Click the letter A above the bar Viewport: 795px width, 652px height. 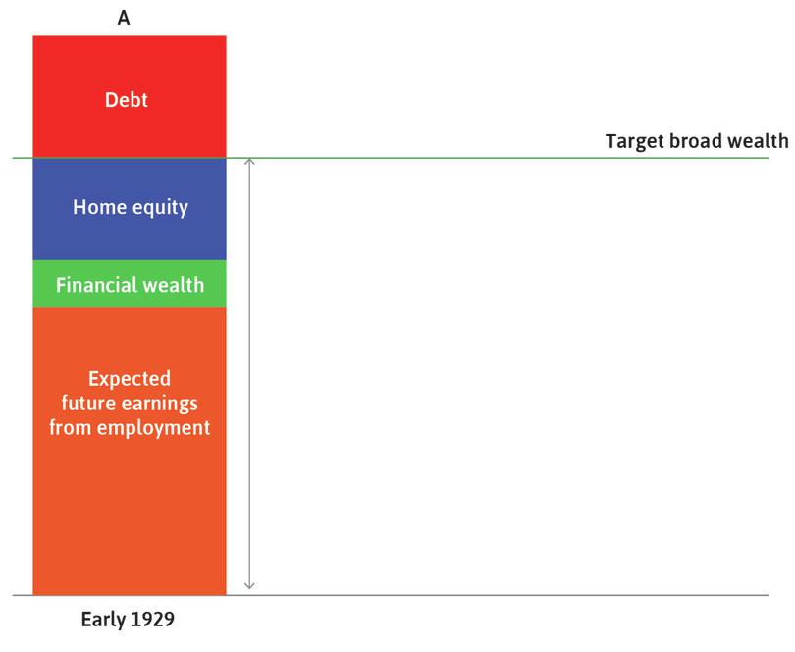tap(124, 17)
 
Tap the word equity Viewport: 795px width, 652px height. tap(158, 208)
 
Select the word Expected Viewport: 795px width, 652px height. tap(130, 378)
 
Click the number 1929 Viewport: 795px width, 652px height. tap(154, 621)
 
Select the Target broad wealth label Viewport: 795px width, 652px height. tap(696, 140)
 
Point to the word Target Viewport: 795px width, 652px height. tap(634, 140)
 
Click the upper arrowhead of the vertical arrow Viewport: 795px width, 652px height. tap(249, 162)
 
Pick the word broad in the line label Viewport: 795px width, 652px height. tap(699, 140)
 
